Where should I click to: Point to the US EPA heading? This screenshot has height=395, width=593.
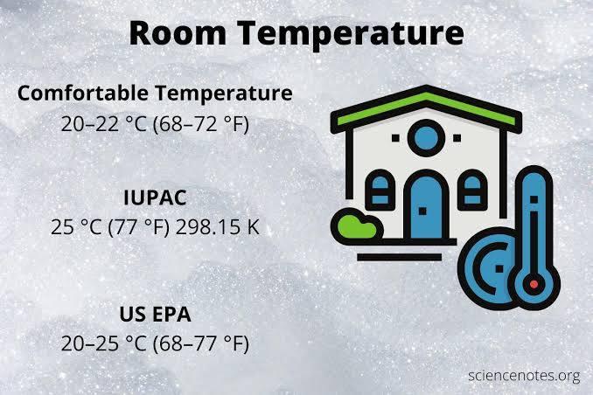[156, 314]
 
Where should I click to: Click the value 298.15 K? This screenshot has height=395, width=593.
[218, 230]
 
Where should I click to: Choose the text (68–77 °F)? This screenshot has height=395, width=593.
[201, 343]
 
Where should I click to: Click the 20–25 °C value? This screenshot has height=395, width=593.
[103, 343]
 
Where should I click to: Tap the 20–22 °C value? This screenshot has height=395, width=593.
[103, 124]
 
